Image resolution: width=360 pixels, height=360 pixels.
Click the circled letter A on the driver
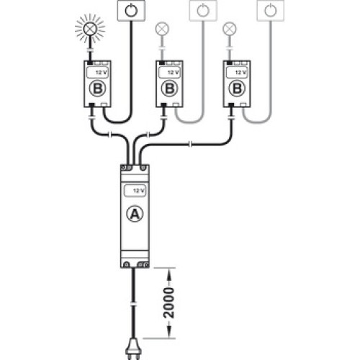point(135,214)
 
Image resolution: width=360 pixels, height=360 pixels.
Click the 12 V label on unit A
point(138,191)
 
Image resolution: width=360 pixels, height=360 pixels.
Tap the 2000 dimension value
point(168,303)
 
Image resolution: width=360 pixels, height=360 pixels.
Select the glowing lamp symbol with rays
point(90,29)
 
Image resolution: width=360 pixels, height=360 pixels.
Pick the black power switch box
point(131,11)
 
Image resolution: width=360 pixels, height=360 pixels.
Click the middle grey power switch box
point(203,11)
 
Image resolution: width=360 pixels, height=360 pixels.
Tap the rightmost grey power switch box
point(271,11)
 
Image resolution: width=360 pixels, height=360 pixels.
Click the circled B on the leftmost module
point(97,89)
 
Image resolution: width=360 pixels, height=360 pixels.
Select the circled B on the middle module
point(170,89)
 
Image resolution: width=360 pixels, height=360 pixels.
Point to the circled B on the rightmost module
point(237,89)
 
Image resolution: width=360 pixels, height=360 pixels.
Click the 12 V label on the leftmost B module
point(101,73)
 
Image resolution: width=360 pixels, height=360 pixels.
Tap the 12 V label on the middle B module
point(173,73)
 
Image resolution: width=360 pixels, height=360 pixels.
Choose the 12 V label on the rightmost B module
point(240,73)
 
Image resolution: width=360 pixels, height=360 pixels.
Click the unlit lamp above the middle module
point(162,29)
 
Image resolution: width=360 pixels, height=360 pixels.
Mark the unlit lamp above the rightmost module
point(230,29)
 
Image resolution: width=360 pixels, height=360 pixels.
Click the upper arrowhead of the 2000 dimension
point(169,274)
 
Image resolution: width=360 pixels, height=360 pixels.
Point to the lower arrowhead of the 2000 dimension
point(169,333)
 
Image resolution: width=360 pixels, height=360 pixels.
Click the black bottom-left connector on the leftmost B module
point(91,105)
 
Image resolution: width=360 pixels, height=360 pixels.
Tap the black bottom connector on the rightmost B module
point(231,105)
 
